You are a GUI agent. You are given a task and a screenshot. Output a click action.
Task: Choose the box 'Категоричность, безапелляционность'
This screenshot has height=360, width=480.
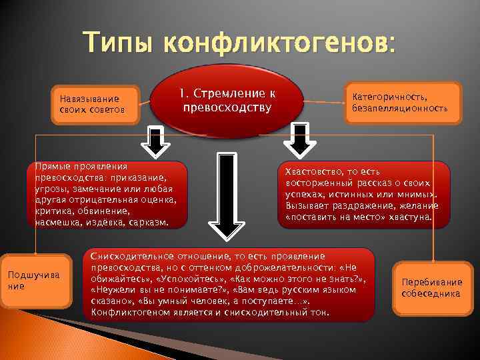coord(401,102)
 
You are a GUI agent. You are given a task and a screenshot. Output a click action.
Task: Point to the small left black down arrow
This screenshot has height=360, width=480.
coord(155,142)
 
